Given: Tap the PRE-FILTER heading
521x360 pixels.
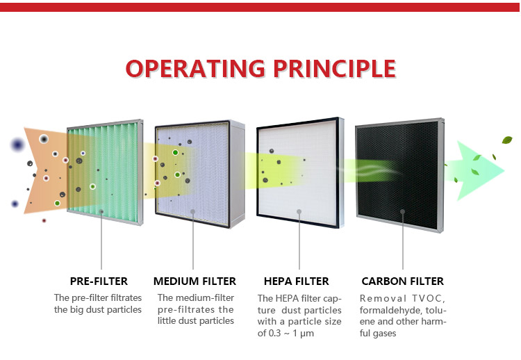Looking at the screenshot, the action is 99,281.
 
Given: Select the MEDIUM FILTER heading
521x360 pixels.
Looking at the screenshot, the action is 195,281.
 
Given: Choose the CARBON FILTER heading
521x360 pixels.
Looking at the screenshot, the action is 402,281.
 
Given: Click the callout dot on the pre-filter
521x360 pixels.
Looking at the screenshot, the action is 101,211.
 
